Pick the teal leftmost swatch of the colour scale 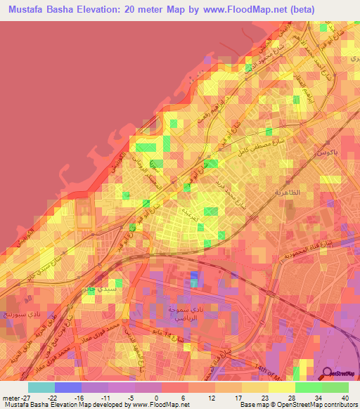(41, 387)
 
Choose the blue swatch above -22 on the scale (68, 387)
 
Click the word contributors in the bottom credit (334, 405)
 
